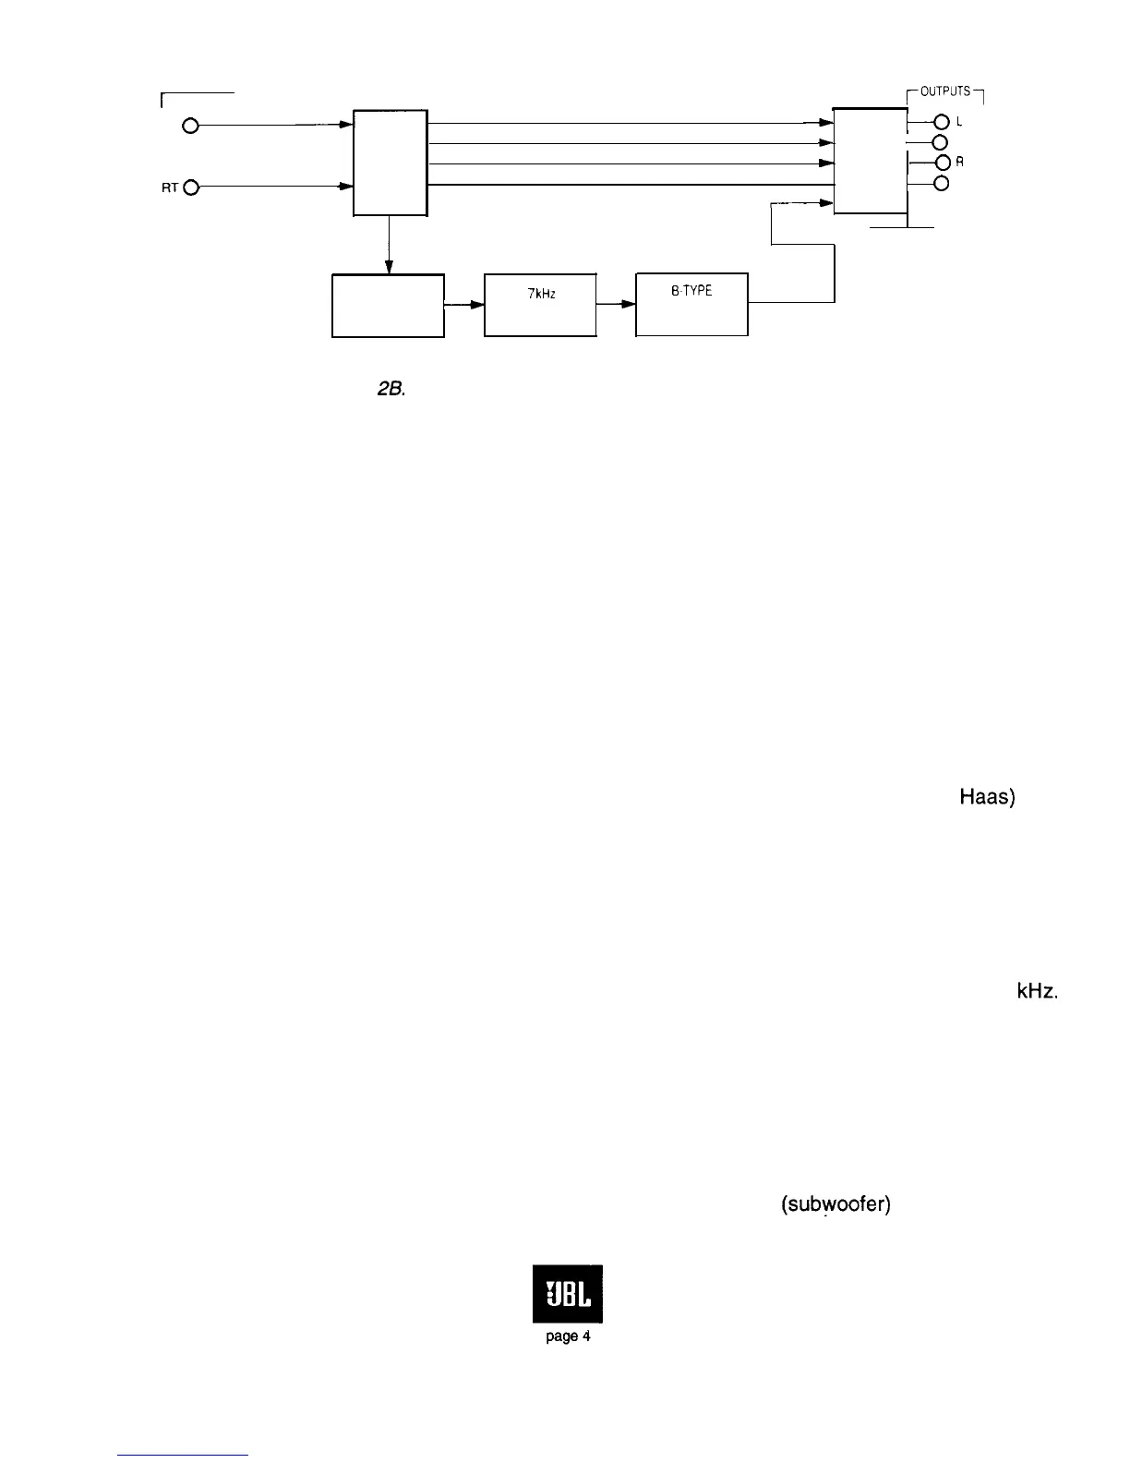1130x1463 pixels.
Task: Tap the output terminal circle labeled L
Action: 942,122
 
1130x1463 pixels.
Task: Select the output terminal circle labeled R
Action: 942,163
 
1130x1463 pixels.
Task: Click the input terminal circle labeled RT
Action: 191,187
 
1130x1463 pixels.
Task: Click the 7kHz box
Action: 540,305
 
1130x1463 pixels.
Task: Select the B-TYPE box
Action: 691,305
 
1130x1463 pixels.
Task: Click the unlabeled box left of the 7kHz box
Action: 388,305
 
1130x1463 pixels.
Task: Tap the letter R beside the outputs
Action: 960,162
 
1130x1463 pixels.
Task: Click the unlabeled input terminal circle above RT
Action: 191,127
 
